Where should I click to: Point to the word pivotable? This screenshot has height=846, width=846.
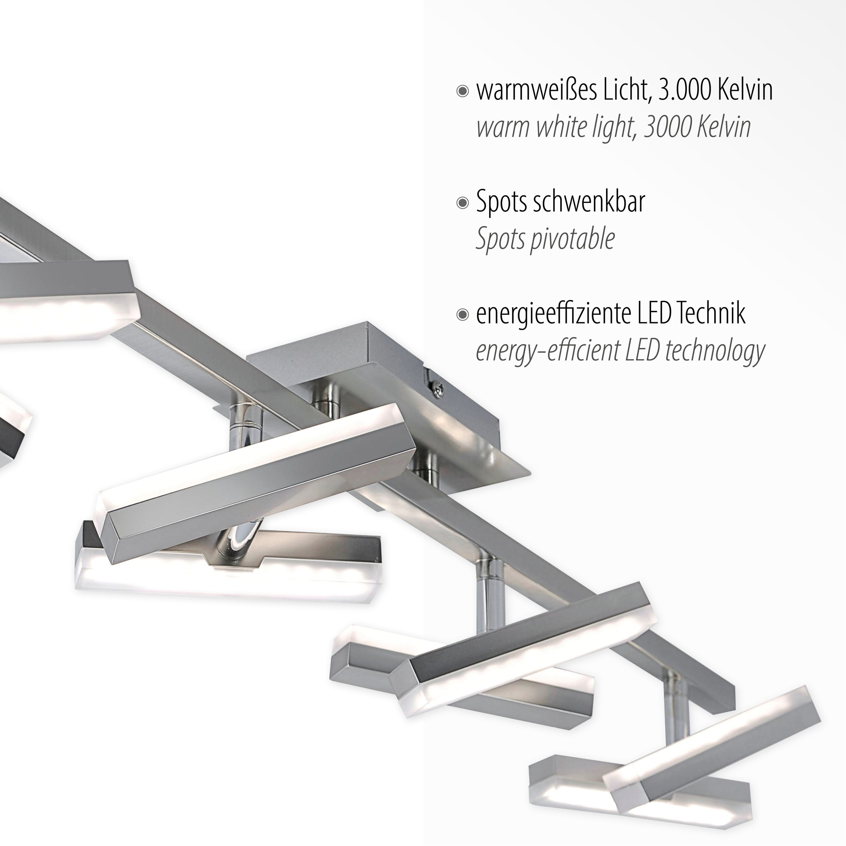click(x=573, y=240)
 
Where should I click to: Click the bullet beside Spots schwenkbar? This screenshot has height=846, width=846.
click(x=462, y=203)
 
